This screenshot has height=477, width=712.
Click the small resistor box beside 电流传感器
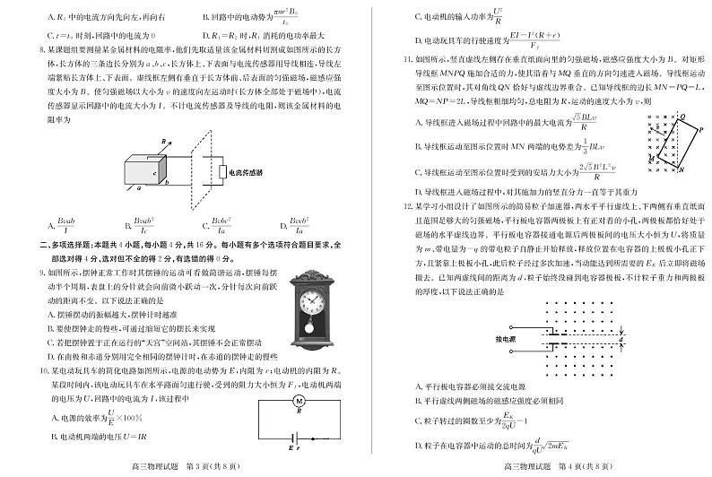(x=221, y=172)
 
